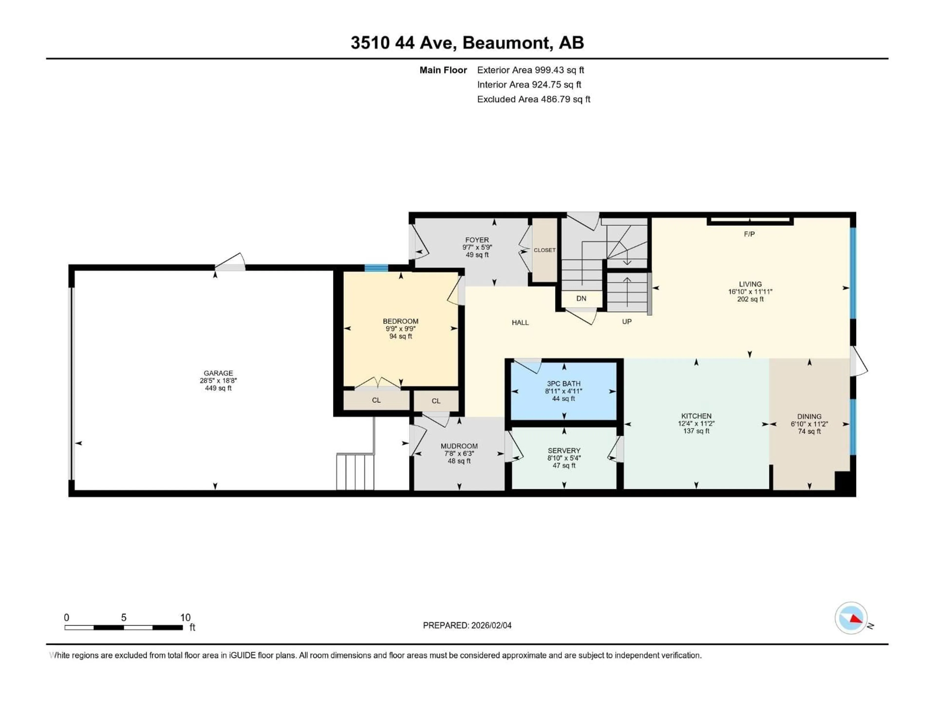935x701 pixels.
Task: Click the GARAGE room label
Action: (218, 373)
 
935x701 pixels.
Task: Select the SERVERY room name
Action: (564, 451)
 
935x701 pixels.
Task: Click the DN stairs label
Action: (581, 298)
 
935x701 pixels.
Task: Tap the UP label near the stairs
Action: (626, 322)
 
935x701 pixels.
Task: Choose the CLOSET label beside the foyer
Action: (544, 250)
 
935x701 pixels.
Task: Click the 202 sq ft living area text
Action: (750, 299)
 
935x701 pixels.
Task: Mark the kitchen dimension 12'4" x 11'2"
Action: (696, 423)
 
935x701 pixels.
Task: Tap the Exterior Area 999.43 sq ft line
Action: (531, 70)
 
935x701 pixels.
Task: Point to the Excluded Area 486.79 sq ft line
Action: (533, 99)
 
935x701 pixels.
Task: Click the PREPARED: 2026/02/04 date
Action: (467, 625)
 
